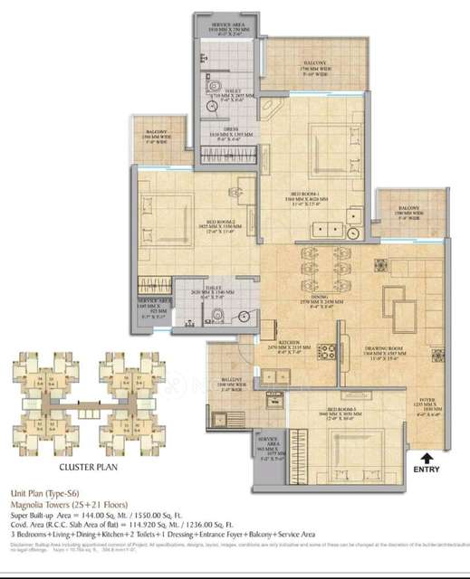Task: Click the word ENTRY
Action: tap(427, 470)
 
